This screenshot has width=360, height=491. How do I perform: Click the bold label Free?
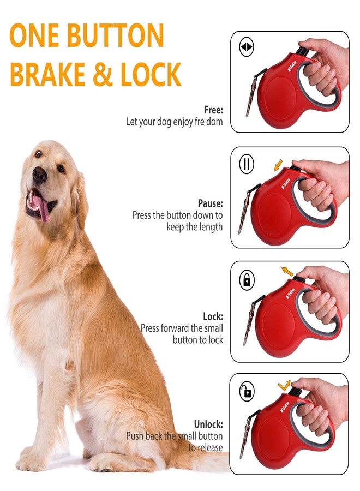click(213, 110)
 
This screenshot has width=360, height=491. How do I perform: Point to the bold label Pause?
click(210, 203)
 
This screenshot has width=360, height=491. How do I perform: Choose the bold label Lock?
click(213, 316)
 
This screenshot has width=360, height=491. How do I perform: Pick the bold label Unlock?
click(208, 424)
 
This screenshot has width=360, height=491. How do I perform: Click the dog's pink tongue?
click(40, 206)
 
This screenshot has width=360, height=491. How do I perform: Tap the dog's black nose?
click(39, 175)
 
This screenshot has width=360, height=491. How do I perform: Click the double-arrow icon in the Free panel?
click(247, 47)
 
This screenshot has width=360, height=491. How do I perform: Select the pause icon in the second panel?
click(247, 164)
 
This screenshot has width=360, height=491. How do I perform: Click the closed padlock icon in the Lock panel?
click(247, 280)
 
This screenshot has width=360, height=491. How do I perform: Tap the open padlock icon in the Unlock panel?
click(247, 391)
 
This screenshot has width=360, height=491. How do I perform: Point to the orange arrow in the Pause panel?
click(279, 164)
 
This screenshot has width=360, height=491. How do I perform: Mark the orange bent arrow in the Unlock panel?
click(285, 386)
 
